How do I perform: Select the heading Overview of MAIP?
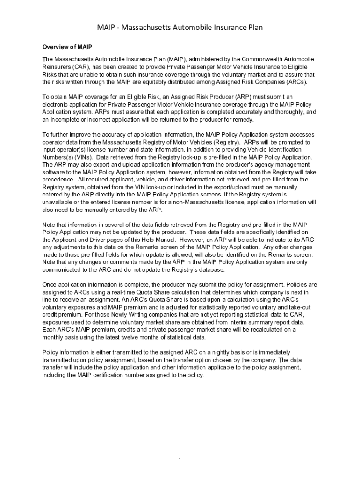pos(67,47)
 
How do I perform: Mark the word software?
pos(54,172)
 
